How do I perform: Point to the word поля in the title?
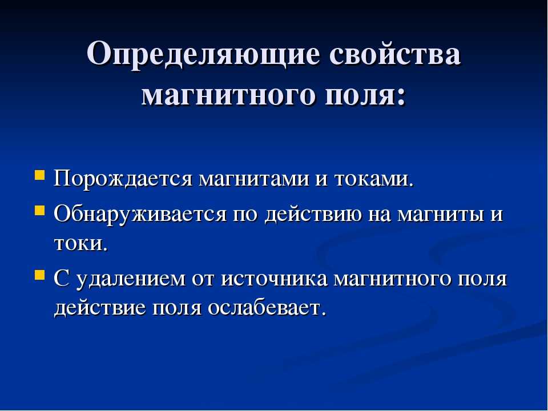coord(366,95)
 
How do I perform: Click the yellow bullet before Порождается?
coord(40,175)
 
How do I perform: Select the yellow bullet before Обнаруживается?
coord(40,211)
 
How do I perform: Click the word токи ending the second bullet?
coord(80,244)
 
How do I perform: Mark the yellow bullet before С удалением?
coord(40,275)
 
